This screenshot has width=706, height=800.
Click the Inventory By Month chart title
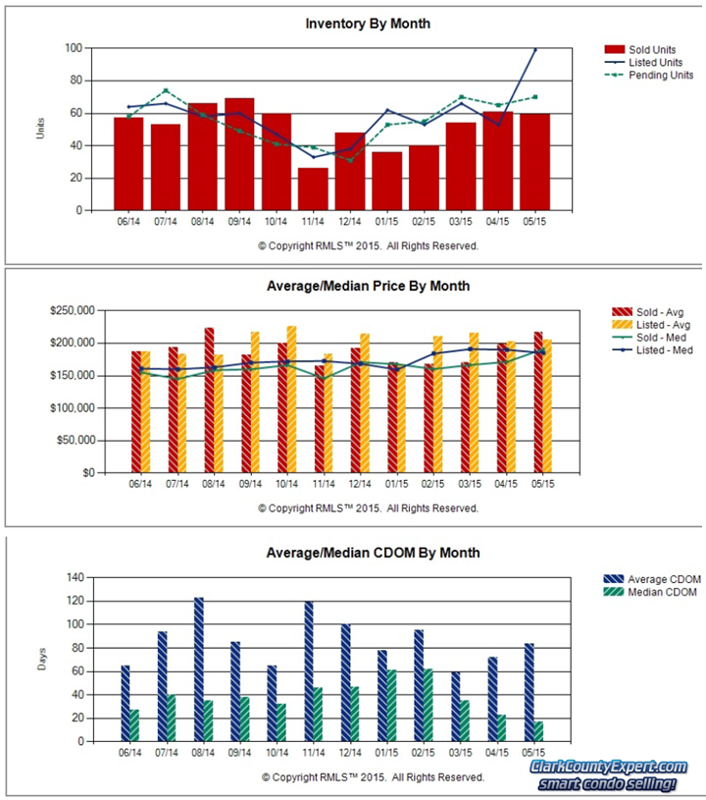(x=367, y=23)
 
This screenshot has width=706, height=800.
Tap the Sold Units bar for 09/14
(x=239, y=154)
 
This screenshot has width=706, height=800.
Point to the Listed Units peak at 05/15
(x=535, y=49)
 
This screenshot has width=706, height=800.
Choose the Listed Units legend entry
(x=647, y=62)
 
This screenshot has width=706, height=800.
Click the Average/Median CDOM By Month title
(x=373, y=553)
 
